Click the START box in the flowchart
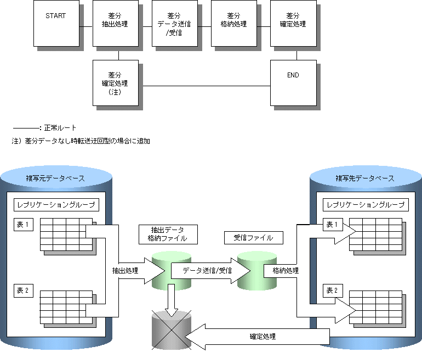(x=56, y=23)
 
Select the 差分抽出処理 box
(x=115, y=23)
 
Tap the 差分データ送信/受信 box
(x=174, y=23)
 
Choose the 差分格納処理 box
(x=233, y=23)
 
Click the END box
(x=293, y=82)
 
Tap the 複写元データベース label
(x=55, y=178)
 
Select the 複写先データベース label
(x=365, y=178)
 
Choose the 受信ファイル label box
(x=254, y=237)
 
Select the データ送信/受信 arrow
(x=207, y=270)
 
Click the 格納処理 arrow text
(x=282, y=270)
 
